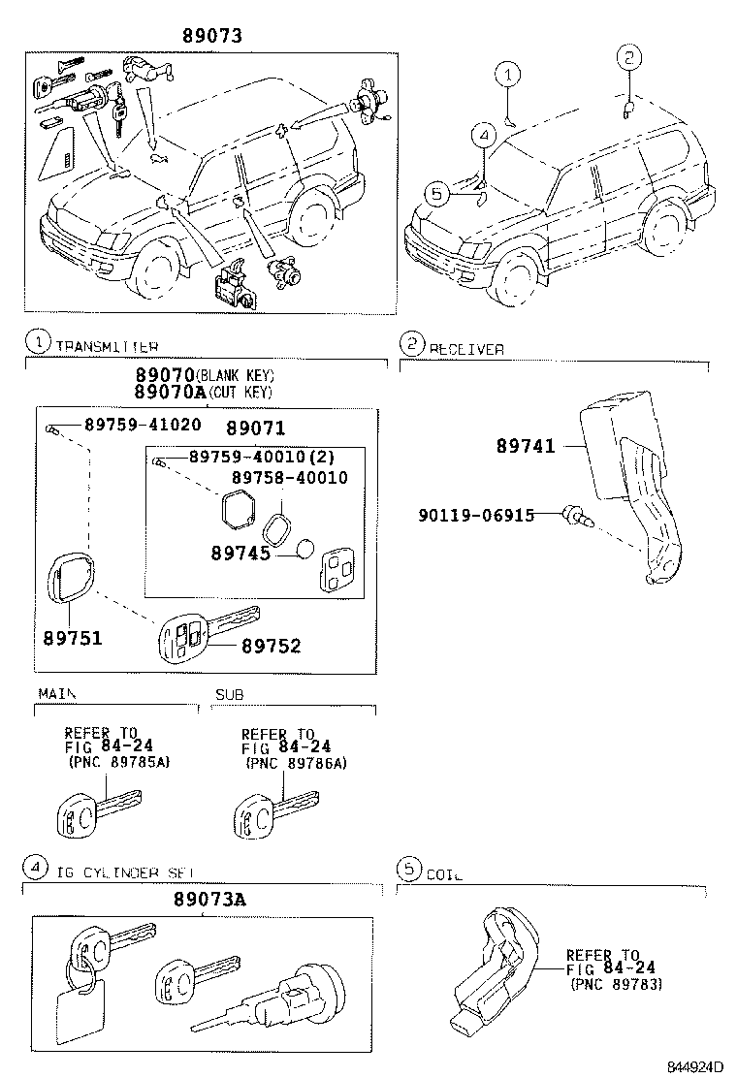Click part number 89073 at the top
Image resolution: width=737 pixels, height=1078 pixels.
211,36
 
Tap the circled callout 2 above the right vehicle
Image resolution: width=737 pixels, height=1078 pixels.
627,58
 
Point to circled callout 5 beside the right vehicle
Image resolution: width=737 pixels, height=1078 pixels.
437,195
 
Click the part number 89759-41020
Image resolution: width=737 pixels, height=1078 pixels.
143,424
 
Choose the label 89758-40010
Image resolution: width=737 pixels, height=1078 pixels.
289,478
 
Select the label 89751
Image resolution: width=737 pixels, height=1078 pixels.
72,639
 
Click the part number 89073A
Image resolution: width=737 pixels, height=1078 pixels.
210,899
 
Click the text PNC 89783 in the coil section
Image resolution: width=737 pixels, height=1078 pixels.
617,984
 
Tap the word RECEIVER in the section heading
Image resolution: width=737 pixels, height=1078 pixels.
466,349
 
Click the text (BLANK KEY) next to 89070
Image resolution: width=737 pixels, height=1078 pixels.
236,376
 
